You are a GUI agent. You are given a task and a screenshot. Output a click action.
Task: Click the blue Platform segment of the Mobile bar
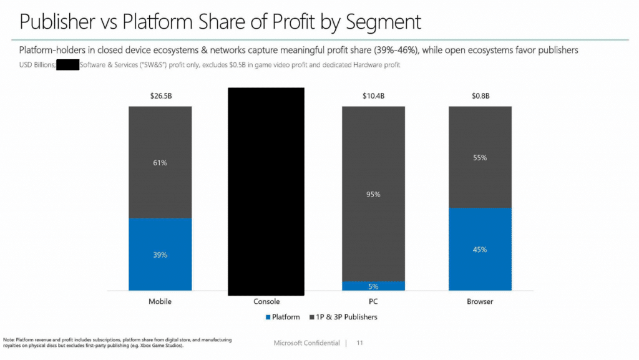[x=160, y=254]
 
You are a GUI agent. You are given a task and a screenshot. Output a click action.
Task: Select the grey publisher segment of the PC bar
[x=373, y=193]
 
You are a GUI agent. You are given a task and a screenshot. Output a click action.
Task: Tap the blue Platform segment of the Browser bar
[x=480, y=249]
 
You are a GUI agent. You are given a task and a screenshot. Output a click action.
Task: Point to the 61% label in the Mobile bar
[x=160, y=163]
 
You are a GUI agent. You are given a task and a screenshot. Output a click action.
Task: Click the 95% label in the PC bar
[x=373, y=194]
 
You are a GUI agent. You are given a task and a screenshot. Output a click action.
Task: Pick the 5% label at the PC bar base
[x=373, y=286]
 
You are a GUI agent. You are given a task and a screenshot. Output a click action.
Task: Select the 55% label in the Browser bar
[x=480, y=158]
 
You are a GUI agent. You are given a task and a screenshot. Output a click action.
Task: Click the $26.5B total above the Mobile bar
[x=160, y=96]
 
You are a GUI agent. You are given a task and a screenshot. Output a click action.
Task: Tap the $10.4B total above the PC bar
[x=373, y=96]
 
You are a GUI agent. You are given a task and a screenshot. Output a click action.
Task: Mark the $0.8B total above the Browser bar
[x=480, y=96]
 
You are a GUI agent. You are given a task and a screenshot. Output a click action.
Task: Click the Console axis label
[x=266, y=301]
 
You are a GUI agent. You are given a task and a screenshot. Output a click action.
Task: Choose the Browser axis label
[x=480, y=301]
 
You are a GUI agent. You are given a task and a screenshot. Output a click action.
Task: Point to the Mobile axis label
[x=160, y=301]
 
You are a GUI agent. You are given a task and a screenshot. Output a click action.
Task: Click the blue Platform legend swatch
[x=268, y=317]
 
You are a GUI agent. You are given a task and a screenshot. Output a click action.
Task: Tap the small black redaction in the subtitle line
[x=67, y=64]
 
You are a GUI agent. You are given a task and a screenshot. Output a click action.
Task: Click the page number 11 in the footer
[x=359, y=343]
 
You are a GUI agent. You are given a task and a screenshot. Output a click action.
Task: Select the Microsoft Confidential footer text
[x=306, y=343]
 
